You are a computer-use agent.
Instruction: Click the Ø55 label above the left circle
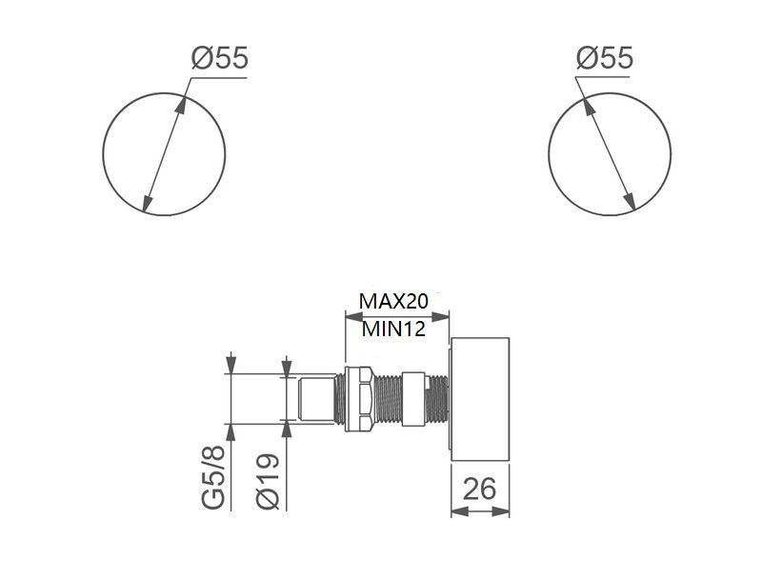click(219, 59)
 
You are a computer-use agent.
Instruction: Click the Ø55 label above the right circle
click(604, 59)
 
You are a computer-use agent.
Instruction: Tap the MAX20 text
click(393, 301)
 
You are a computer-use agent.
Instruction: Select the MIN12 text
click(391, 330)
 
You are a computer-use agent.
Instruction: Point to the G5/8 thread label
click(218, 480)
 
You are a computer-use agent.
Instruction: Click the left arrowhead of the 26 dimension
click(455, 511)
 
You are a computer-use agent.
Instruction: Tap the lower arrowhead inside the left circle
click(146, 204)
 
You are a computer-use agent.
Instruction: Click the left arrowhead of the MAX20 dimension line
click(349, 315)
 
